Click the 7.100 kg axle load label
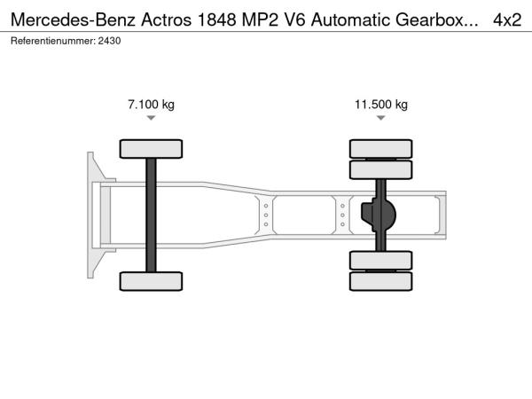151,104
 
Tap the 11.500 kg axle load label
381,104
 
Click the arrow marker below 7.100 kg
151,118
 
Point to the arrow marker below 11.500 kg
381,118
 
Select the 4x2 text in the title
507,20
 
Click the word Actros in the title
167,20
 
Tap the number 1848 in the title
216,20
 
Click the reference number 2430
109,41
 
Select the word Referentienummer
53,41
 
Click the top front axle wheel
151,149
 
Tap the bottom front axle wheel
151,281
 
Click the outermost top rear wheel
381,149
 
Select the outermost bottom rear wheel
381,281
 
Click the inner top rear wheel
381,169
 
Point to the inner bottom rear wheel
381,260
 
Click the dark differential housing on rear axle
379,215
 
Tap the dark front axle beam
151,215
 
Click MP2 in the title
260,20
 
